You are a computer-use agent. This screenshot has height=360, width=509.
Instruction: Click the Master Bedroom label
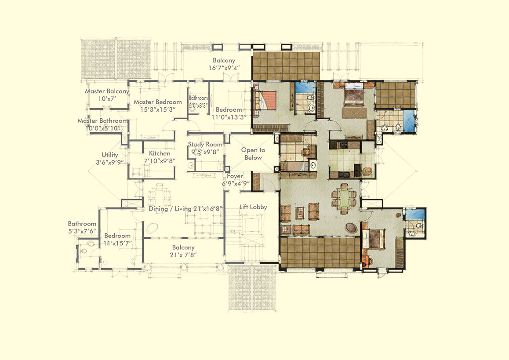click(x=158, y=102)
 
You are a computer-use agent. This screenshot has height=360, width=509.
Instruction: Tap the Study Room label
click(x=205, y=144)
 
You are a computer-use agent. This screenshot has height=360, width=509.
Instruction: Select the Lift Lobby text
click(x=253, y=207)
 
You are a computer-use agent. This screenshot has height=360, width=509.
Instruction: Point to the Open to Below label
click(x=253, y=154)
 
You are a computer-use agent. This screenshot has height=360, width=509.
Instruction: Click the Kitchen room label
click(x=160, y=153)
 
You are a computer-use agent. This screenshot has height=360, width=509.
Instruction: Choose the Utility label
click(x=110, y=155)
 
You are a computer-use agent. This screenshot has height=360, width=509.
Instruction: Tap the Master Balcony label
click(x=107, y=91)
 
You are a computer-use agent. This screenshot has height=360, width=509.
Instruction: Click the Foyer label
click(x=235, y=176)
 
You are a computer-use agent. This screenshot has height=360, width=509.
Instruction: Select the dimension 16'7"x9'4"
click(x=224, y=68)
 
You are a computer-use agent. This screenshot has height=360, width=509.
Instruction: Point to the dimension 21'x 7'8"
click(x=183, y=255)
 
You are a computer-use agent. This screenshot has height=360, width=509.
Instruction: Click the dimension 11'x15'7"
click(x=117, y=243)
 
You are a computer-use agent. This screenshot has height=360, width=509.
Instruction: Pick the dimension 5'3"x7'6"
click(x=82, y=231)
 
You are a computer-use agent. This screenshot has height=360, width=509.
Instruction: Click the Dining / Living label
click(x=171, y=208)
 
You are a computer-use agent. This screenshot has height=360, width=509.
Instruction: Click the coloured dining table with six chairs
click(x=344, y=198)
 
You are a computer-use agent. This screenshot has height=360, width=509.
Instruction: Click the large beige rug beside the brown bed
click(x=354, y=113)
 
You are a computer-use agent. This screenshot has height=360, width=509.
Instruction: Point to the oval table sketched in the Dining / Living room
click(x=152, y=228)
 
